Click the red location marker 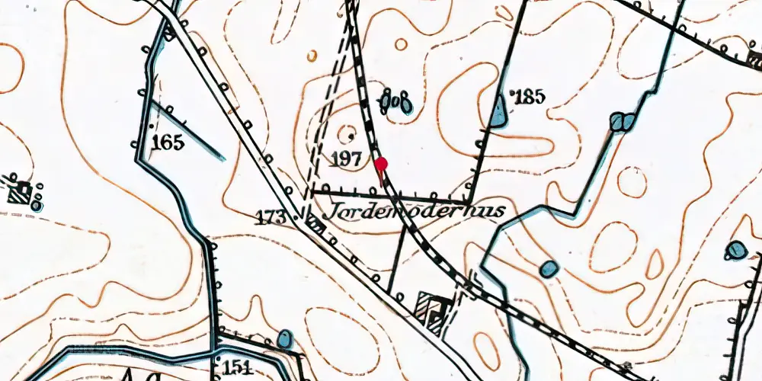(381, 163)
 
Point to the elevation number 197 (346, 158)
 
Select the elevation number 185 (531, 97)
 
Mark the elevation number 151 (238, 368)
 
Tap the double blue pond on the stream (623, 121)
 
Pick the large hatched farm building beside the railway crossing (431, 312)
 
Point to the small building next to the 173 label (312, 223)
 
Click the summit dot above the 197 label (351, 136)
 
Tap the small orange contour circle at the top (312, 56)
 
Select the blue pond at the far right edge (736, 250)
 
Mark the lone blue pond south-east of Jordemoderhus (549, 268)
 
